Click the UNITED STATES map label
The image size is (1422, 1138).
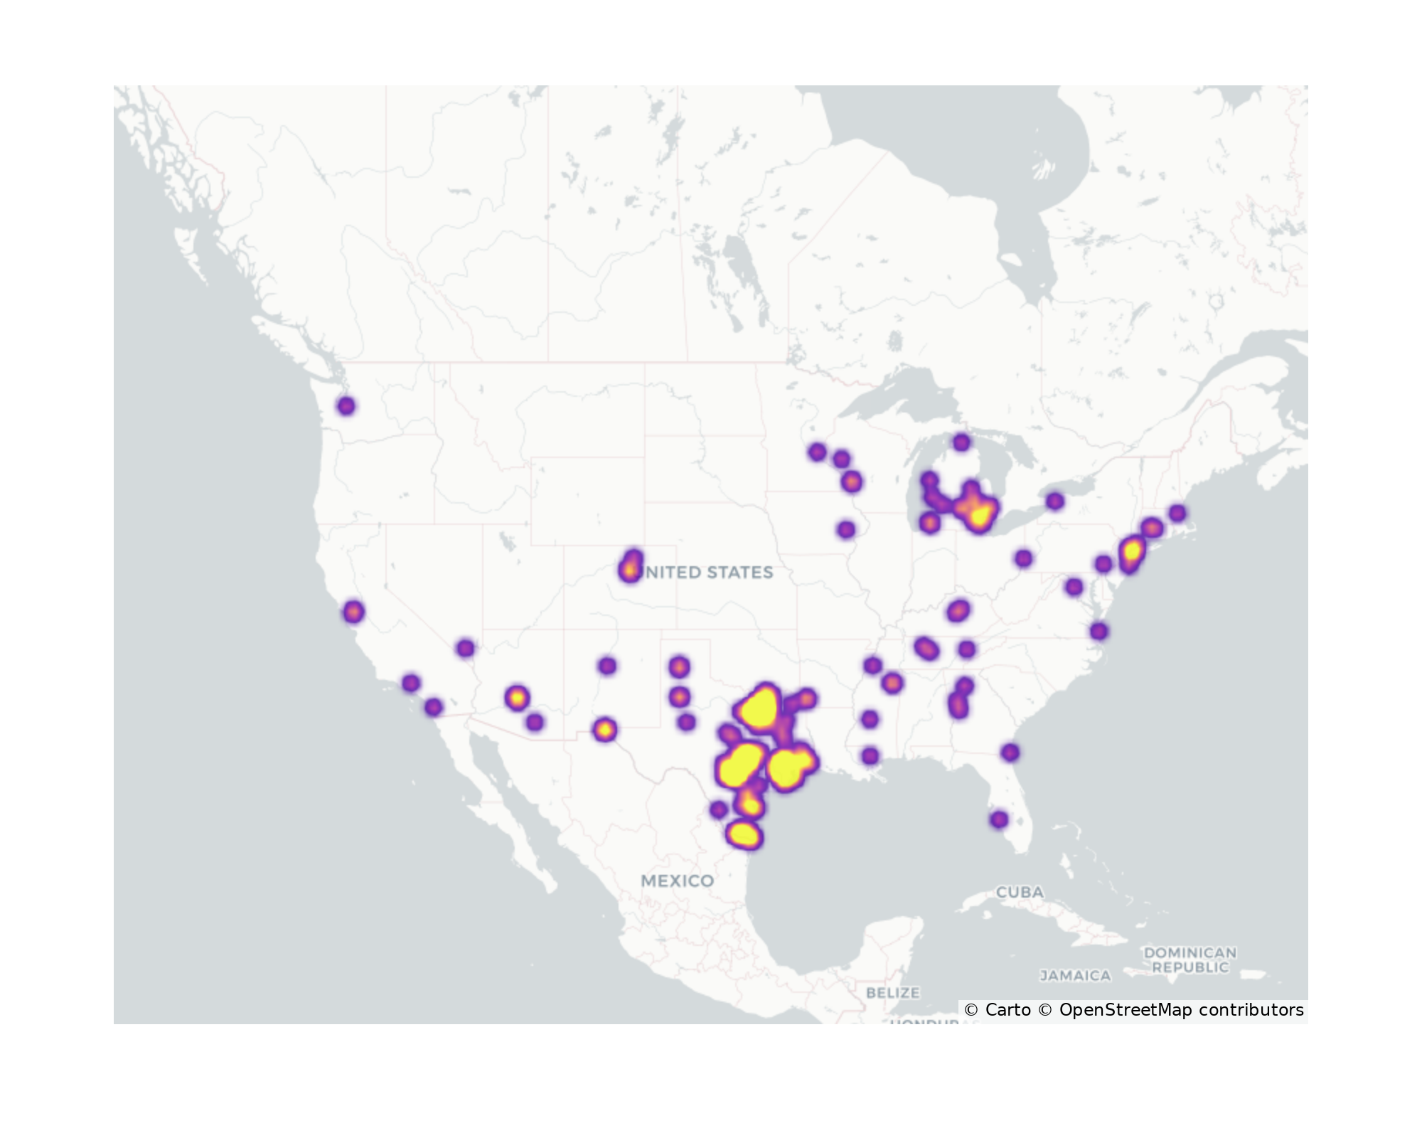[708, 573]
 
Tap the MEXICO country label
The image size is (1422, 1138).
[677, 881]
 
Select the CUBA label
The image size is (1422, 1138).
[1020, 892]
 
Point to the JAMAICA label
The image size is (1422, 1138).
[1075, 976]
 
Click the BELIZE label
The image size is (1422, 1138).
[893, 992]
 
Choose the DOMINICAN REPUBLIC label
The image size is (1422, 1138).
[1190, 959]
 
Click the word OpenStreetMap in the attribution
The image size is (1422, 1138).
[1125, 1010]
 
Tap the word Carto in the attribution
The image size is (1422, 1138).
[1007, 1010]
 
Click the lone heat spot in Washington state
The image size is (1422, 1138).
[346, 406]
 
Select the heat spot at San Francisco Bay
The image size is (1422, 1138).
[353, 612]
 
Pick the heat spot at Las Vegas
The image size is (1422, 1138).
[465, 648]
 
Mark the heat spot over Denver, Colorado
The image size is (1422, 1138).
[630, 569]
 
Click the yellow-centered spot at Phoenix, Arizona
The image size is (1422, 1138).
[517, 698]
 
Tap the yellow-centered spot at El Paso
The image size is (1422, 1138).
[604, 730]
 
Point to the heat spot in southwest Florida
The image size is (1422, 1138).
[999, 819]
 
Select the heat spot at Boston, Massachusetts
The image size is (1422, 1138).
[1177, 513]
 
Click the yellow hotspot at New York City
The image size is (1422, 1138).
[1131, 551]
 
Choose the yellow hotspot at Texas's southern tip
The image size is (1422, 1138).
[744, 835]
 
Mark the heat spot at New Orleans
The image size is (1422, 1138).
[870, 755]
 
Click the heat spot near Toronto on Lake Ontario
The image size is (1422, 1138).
[1055, 501]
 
